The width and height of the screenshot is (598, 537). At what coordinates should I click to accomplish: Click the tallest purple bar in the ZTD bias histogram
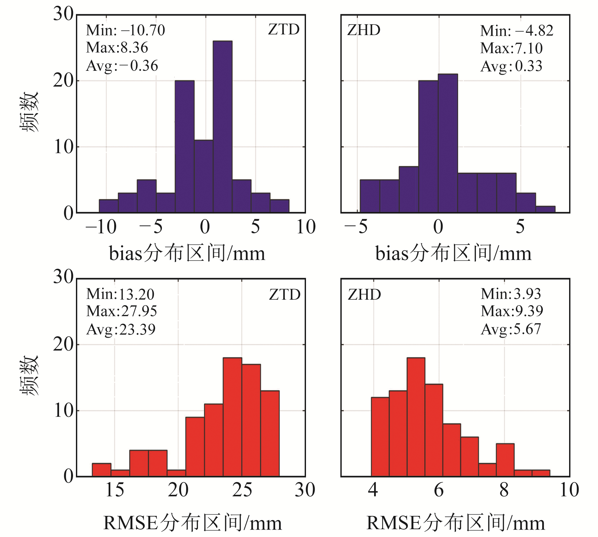(x=223, y=127)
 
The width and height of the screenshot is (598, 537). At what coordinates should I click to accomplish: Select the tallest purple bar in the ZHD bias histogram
(x=448, y=143)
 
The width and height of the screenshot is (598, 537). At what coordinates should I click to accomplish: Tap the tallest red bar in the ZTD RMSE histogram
(x=232, y=417)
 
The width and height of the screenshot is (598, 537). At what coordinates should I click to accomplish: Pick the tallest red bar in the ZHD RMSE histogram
(x=416, y=417)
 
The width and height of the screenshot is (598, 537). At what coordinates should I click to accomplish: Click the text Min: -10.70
(x=126, y=31)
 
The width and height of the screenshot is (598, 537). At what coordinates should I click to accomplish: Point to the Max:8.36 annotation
(x=117, y=48)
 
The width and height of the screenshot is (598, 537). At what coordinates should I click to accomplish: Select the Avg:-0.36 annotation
(x=122, y=66)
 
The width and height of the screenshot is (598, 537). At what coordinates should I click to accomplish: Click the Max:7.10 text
(x=511, y=49)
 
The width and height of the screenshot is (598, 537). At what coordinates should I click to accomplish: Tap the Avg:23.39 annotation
(x=121, y=330)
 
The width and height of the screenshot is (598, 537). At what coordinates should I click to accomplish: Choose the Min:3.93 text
(x=511, y=294)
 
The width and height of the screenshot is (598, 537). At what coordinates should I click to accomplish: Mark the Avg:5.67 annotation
(x=511, y=329)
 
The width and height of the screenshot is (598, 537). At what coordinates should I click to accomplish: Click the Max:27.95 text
(x=122, y=311)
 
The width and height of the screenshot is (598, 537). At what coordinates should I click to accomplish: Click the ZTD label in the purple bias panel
(x=284, y=30)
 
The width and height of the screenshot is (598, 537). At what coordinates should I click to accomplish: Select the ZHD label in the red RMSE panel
(x=364, y=295)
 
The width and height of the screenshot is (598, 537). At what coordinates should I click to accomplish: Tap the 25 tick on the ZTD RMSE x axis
(x=242, y=490)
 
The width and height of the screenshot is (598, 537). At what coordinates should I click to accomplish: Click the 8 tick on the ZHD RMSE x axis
(x=504, y=490)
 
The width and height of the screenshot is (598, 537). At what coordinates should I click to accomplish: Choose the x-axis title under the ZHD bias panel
(x=453, y=254)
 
